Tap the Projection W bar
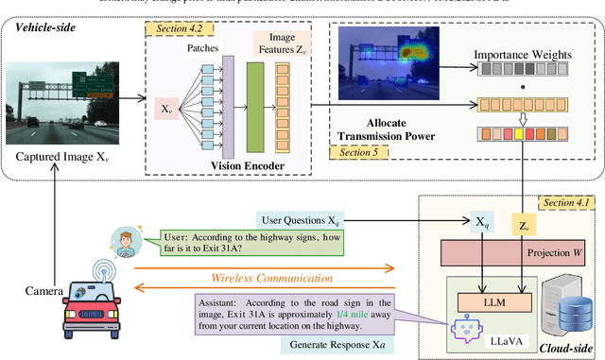click(x=520, y=252)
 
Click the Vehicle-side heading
click(x=42, y=27)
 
